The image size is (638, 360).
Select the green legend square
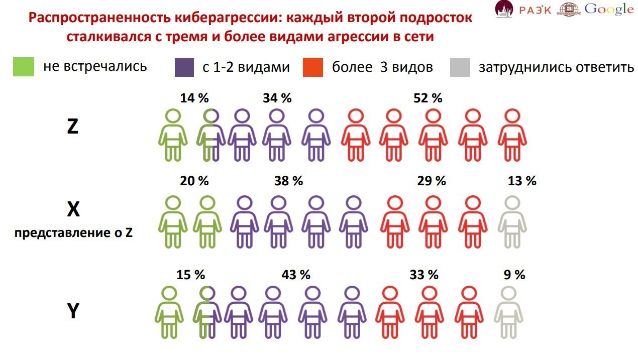23,67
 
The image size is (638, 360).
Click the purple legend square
184,67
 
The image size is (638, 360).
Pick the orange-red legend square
313,67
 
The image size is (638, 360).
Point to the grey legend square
460,67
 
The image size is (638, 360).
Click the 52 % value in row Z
429,98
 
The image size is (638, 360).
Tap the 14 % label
194,98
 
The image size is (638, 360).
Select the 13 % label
522,181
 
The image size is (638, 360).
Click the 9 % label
514,275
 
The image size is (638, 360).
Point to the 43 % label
296,275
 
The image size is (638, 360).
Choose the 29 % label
432,181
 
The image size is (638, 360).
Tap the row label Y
73,312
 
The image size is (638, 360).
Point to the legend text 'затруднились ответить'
556,67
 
